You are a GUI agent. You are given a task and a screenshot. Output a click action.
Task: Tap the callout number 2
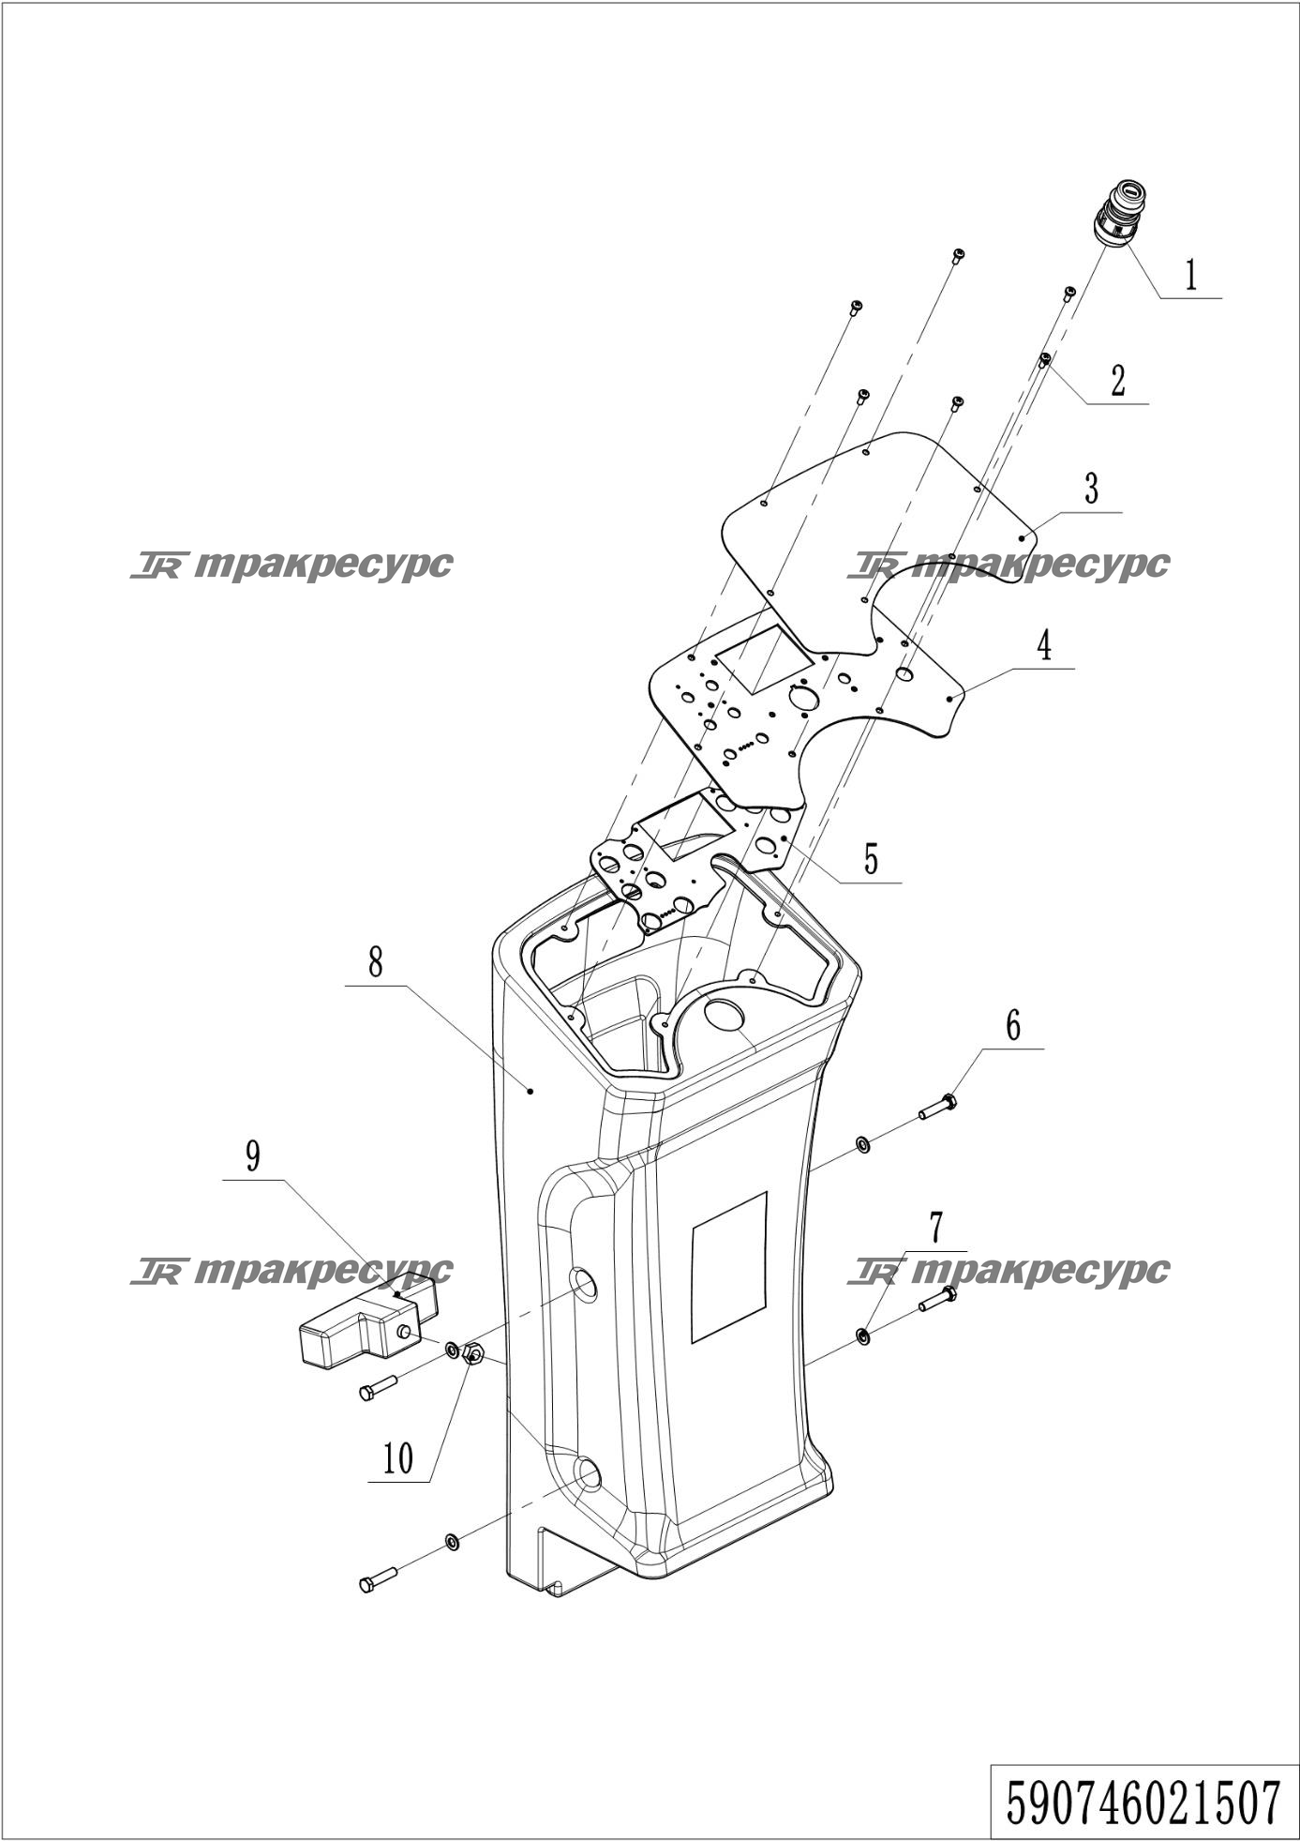(1117, 382)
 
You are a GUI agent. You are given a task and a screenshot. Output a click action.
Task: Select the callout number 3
(1091, 489)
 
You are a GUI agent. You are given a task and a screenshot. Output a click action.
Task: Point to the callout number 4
(1043, 646)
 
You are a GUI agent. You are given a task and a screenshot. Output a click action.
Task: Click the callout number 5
(872, 858)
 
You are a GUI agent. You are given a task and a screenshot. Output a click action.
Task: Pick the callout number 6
(1013, 1026)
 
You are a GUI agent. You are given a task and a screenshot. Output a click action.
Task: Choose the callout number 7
(935, 1227)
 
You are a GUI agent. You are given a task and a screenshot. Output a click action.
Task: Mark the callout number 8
(375, 962)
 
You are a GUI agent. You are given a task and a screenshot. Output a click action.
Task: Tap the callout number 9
(253, 1156)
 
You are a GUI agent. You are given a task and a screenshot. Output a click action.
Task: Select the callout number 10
(398, 1458)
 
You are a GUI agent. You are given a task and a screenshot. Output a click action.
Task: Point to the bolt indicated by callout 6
(937, 1108)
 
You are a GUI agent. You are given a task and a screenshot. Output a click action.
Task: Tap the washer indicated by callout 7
(862, 1335)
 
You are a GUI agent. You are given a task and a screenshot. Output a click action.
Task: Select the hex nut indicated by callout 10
(473, 1353)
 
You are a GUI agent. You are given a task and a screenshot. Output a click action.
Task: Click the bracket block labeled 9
(368, 1320)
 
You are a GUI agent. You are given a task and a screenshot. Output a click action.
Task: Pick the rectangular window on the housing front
(729, 1268)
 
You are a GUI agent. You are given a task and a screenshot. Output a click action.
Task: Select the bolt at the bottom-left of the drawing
(379, 1580)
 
